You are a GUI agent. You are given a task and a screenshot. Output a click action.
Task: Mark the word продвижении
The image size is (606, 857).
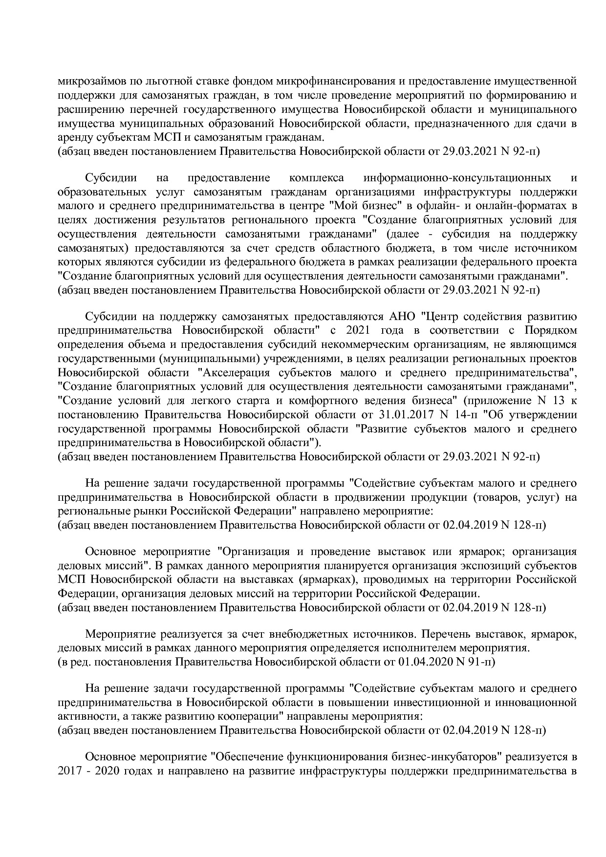[363, 498]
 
